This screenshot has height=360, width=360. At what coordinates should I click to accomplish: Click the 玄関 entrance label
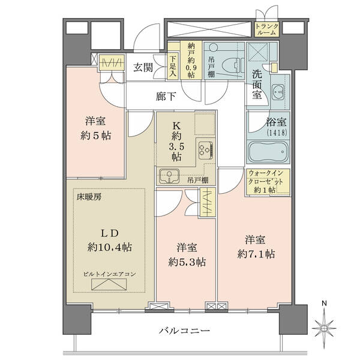pyautogui.click(x=143, y=67)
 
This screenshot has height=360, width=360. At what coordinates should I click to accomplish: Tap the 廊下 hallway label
pyautogui.click(x=166, y=97)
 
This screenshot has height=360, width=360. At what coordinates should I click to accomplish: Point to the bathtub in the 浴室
pyautogui.click(x=268, y=152)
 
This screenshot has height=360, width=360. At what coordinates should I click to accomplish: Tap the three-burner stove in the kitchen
pyautogui.click(x=205, y=151)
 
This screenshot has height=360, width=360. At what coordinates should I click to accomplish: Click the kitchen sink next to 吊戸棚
pyautogui.click(x=169, y=176)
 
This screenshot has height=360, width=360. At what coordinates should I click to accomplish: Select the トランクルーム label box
pyautogui.click(x=267, y=29)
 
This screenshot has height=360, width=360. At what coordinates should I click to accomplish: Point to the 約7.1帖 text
pyautogui.click(x=256, y=254)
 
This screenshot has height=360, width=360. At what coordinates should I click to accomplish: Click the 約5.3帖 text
pyautogui.click(x=187, y=262)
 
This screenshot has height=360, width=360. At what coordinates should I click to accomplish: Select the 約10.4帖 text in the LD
pyautogui.click(x=110, y=247)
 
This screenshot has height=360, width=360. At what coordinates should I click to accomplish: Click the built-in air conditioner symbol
pyautogui.click(x=109, y=284)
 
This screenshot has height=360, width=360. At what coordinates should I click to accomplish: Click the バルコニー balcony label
pyautogui.click(x=184, y=331)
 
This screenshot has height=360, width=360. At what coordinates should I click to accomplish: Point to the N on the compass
pyautogui.click(x=324, y=304)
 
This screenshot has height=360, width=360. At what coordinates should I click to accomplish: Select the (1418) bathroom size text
pyautogui.click(x=277, y=133)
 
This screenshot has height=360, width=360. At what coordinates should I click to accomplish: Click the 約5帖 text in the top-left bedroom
pyautogui.click(x=96, y=136)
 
